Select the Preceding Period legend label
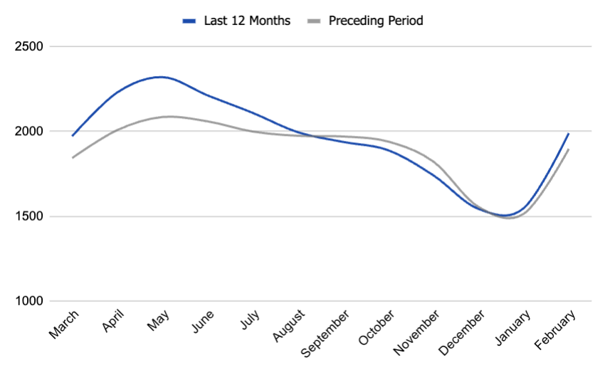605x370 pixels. tap(375, 21)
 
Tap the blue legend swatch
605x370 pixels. tap(189, 21)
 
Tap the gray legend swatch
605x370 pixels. tap(313, 21)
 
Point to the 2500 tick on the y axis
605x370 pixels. tap(29, 47)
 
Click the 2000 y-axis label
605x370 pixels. tap(29, 132)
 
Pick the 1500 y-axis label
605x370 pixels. tap(29, 216)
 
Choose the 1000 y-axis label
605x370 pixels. tap(29, 301)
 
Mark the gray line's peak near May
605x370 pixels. tap(169, 116)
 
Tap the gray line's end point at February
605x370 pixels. tap(569, 149)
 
